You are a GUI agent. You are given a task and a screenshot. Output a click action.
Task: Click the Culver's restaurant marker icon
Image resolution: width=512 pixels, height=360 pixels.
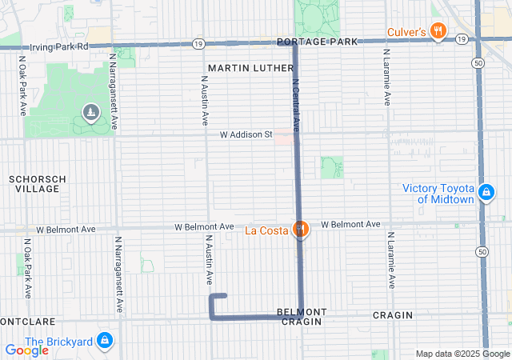click(x=438, y=32)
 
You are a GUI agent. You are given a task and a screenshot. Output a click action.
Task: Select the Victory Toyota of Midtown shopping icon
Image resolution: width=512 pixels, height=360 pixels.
click(x=485, y=193)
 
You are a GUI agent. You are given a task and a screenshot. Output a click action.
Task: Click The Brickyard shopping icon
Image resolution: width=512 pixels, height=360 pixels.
click(x=104, y=341)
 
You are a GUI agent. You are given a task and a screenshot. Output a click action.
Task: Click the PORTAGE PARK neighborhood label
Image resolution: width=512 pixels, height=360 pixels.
click(x=309, y=42)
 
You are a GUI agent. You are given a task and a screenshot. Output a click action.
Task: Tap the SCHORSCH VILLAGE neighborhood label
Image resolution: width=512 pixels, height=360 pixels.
click(x=37, y=184)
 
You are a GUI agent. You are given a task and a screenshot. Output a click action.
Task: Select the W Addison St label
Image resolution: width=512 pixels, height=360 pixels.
click(x=246, y=134)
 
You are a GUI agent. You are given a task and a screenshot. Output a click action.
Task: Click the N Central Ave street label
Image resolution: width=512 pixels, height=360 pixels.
click(x=295, y=105)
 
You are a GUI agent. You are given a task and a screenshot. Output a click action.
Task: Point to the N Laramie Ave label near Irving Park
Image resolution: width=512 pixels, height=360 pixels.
click(x=386, y=81)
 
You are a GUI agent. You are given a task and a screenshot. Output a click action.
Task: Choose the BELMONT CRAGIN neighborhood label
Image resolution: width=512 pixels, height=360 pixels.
click(x=302, y=316)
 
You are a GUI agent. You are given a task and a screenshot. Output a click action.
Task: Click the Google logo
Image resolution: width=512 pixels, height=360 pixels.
click(x=26, y=350)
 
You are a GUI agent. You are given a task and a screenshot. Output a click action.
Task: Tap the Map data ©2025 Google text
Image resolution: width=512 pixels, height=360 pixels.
click(x=462, y=354)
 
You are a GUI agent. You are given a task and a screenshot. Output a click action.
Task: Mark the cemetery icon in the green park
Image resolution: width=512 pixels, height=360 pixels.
click(x=90, y=113)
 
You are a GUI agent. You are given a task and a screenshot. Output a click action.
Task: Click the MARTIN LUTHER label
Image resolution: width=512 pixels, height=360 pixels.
click(x=251, y=69)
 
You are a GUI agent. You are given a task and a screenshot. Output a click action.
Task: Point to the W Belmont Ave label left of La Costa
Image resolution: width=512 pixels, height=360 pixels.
click(x=205, y=227)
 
